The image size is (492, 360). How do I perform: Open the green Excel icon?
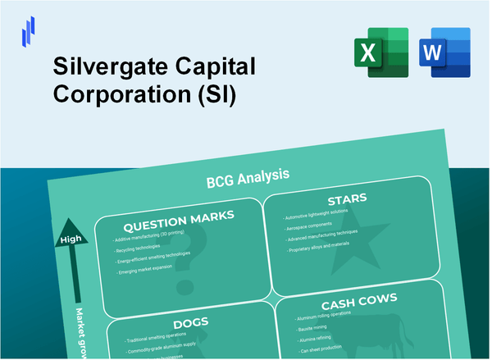[385, 52]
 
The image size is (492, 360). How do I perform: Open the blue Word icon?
[444, 52]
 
